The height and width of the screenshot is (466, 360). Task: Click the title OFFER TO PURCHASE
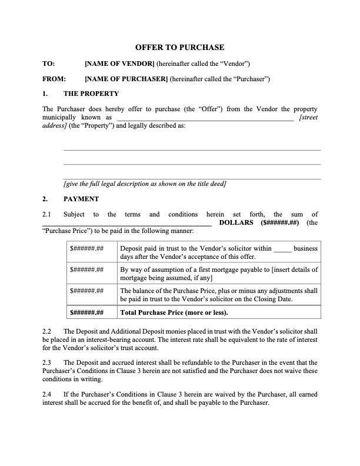click(x=179, y=47)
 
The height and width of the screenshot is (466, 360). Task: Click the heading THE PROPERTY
click(x=91, y=94)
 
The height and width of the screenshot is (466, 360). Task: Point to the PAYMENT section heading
click(x=81, y=199)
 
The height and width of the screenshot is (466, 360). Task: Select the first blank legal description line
click(x=192, y=149)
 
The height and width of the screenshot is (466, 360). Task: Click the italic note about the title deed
click(x=145, y=184)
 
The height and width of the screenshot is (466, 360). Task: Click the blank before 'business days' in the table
click(x=282, y=249)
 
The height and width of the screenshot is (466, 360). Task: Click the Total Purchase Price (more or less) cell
click(x=174, y=312)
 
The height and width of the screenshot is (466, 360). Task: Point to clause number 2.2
click(x=48, y=332)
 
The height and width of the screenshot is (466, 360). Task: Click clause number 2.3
click(x=48, y=362)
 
